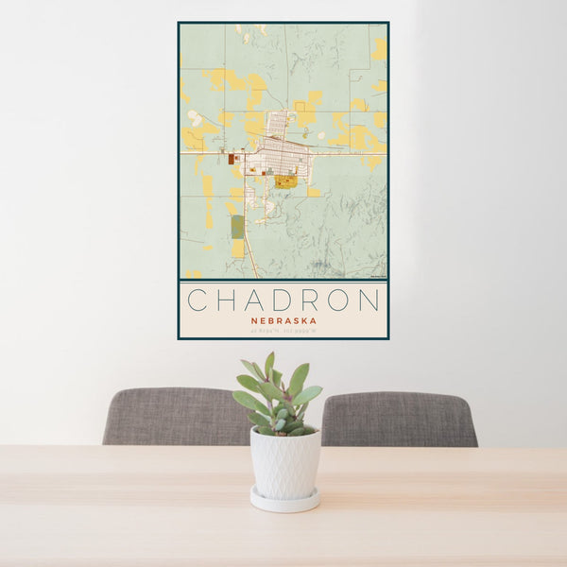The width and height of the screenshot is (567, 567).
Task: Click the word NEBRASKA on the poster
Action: click(x=283, y=320)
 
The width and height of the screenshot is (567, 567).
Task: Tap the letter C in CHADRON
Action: click(x=198, y=301)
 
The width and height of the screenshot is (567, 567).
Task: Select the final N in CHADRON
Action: click(x=369, y=301)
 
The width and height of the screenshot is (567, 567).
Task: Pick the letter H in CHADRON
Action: click(x=226, y=301)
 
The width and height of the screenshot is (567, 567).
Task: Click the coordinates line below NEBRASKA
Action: click(x=283, y=331)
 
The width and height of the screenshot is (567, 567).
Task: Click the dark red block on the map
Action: click(x=231, y=160)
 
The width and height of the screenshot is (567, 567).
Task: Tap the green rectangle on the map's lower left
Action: click(x=237, y=226)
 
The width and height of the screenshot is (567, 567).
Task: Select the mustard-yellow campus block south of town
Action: click(x=285, y=180)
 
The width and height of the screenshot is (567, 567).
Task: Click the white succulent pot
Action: click(x=284, y=463)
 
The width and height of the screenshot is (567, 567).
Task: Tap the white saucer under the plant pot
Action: click(x=284, y=500)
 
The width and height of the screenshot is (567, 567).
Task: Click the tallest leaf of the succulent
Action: click(x=269, y=365)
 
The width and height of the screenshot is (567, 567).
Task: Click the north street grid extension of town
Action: click(x=278, y=124)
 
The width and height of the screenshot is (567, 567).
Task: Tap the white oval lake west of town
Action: click(x=195, y=118)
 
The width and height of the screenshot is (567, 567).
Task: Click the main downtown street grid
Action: click(x=281, y=155)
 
